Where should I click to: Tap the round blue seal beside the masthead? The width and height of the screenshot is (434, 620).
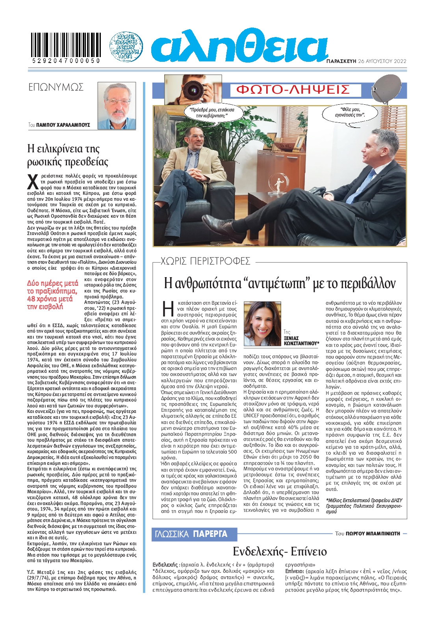pyautogui.click(x=126, y=46)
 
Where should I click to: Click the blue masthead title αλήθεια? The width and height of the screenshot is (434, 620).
pyautogui.click(x=239, y=46)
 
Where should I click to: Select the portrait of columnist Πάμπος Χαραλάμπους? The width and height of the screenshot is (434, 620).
pyautogui.click(x=117, y=105)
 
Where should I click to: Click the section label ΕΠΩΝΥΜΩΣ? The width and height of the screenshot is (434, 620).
pyautogui.click(x=56, y=87)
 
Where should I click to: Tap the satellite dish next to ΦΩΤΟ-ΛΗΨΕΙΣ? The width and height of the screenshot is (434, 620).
pyautogui.click(x=386, y=89)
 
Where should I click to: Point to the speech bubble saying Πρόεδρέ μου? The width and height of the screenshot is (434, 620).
pyautogui.click(x=211, y=113)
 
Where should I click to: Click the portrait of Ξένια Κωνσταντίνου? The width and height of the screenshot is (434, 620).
pyautogui.click(x=262, y=324)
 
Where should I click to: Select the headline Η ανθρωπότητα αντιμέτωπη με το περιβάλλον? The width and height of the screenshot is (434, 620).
pyautogui.click(x=280, y=283)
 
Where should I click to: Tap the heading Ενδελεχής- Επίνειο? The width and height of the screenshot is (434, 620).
pyautogui.click(x=280, y=551)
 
